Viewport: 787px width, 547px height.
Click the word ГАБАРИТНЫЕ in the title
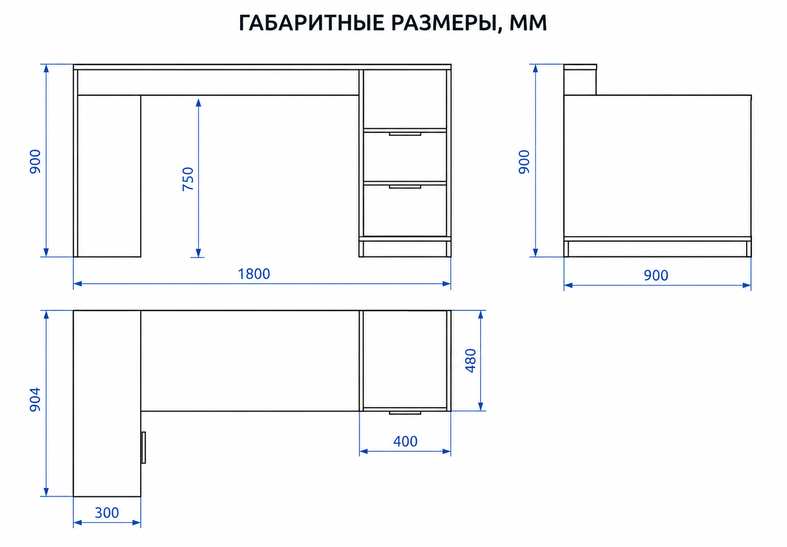311,23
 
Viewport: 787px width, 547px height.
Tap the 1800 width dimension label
254,274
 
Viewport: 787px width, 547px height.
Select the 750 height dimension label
188,179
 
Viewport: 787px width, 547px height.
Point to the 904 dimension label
35,399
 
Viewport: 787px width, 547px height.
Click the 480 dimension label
471,361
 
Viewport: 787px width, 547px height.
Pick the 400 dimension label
405,441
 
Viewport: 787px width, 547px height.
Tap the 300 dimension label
107,513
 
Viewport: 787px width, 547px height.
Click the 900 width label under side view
656,275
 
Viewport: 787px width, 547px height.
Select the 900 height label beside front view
35,161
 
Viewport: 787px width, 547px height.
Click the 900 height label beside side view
524,161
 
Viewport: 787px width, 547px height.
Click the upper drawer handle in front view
405,134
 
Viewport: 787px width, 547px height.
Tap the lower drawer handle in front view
405,187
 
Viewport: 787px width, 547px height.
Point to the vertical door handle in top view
143,448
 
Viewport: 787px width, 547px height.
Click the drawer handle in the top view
405,412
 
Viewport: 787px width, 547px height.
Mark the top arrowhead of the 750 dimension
198,103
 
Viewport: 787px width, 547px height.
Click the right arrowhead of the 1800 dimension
447,284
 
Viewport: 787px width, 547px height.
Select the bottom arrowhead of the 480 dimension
481,406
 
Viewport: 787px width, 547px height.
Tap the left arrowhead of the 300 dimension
77,523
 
